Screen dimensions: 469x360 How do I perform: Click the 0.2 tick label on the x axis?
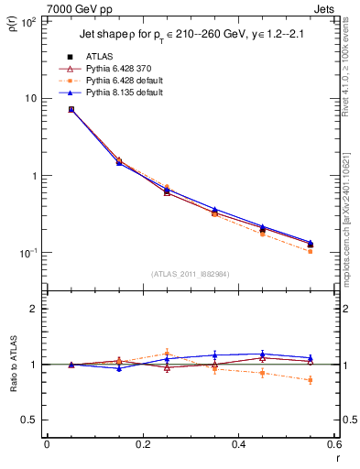coord(142,445)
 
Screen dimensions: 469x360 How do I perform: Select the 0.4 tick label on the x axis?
coord(238,445)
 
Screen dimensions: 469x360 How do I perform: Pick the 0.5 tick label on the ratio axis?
coord(28,420)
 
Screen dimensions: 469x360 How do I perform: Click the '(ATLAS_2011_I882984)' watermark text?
coord(189,273)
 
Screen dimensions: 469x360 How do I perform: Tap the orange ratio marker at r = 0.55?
coord(311,379)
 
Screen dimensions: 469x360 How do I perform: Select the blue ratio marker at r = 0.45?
coord(263,354)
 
